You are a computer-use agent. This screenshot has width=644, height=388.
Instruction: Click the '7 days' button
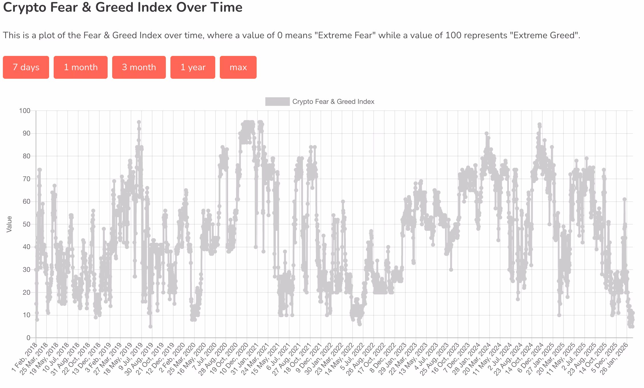pyautogui.click(x=26, y=67)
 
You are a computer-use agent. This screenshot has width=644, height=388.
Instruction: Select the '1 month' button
pyautogui.click(x=80, y=67)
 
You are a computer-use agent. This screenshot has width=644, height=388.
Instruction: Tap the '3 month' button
pyautogui.click(x=139, y=67)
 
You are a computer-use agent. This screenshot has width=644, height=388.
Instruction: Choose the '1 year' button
pyautogui.click(x=193, y=67)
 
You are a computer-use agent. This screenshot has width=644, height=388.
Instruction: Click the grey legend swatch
pyautogui.click(x=277, y=102)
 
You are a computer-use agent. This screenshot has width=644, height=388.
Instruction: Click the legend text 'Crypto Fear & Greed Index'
pyautogui.click(x=333, y=102)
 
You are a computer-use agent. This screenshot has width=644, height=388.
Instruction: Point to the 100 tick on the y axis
pyautogui.click(x=25, y=111)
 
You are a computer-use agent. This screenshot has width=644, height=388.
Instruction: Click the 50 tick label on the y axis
pyautogui.click(x=26, y=224)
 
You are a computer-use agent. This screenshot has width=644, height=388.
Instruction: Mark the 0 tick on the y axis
pyautogui.click(x=28, y=338)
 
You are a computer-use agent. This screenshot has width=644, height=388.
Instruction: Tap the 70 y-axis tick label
pyautogui.click(x=26, y=179)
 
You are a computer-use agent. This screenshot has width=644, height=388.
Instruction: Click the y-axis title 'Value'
pyautogui.click(x=9, y=224)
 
